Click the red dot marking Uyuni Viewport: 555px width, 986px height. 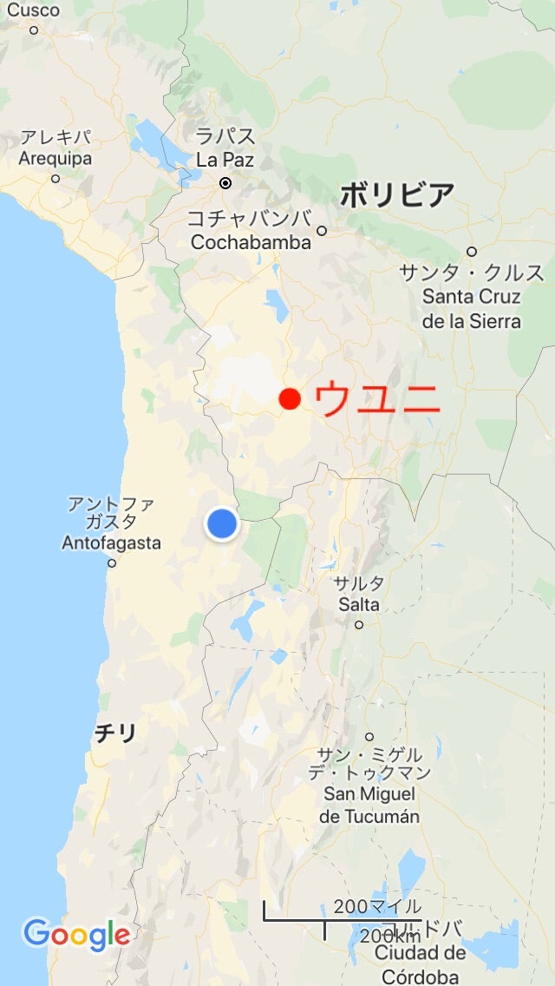(x=290, y=399)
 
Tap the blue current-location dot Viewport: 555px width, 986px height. (x=222, y=524)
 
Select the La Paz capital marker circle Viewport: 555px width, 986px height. (x=225, y=183)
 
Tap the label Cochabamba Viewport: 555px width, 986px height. (x=251, y=242)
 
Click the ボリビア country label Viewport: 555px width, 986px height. (x=396, y=195)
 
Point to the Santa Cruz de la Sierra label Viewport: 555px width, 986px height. (x=472, y=297)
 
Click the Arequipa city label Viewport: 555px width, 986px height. (x=55, y=159)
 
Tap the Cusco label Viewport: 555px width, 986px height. (x=34, y=10)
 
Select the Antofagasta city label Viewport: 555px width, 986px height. (x=111, y=542)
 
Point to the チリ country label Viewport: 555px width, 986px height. (x=115, y=734)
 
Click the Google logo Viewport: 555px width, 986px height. (x=76, y=935)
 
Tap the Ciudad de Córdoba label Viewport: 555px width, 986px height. (x=420, y=963)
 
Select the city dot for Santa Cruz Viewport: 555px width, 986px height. (x=472, y=252)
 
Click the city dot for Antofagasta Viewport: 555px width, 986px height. (x=111, y=563)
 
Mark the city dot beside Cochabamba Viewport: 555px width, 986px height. (x=322, y=231)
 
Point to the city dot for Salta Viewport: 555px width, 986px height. (x=359, y=624)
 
